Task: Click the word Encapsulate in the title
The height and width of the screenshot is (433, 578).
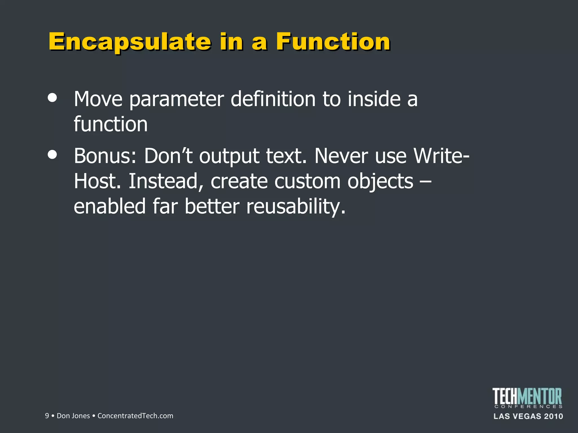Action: [130, 42]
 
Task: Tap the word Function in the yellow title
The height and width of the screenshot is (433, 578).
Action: [333, 42]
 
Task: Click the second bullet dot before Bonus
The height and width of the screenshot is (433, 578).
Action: [52, 154]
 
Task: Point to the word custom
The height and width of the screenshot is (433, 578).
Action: [307, 181]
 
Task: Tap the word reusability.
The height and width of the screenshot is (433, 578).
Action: [296, 207]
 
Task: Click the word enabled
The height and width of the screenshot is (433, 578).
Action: [110, 206]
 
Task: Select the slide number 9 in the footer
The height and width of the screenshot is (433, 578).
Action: [47, 416]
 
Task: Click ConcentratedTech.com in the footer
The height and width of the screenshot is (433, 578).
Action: [135, 416]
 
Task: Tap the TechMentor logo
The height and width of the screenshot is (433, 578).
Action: [527, 397]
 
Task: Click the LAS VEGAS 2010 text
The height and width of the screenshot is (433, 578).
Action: [528, 416]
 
